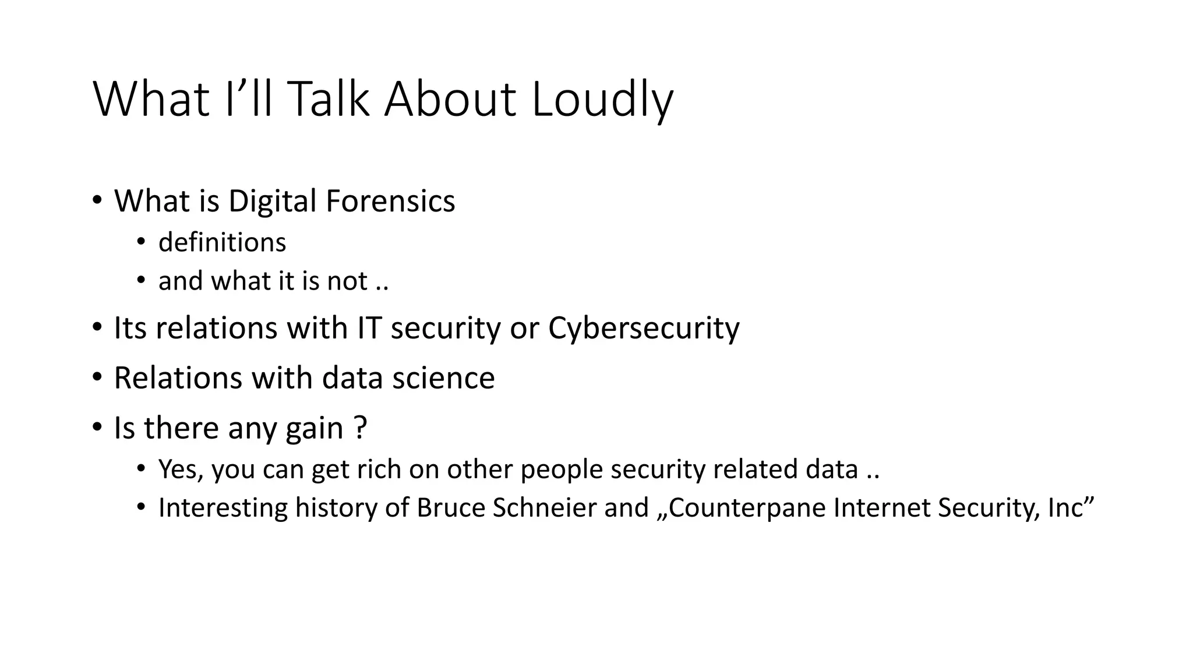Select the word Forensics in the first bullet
390,201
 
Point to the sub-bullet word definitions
222,242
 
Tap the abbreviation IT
369,328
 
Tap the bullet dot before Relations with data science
97,378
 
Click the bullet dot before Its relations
97,328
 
